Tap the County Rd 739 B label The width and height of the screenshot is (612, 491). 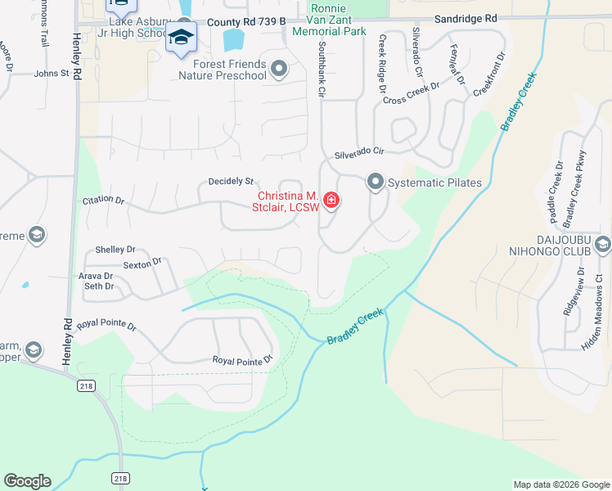pyautogui.click(x=247, y=23)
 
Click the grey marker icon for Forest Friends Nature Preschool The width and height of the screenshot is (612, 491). pyautogui.click(x=279, y=70)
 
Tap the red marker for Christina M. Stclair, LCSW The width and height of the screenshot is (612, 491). pyautogui.click(x=331, y=200)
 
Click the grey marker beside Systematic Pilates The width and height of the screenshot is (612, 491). pyautogui.click(x=376, y=181)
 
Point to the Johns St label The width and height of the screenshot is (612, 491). pyautogui.click(x=52, y=74)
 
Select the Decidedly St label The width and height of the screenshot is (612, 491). pyautogui.click(x=232, y=182)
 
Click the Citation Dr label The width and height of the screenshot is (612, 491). pyautogui.click(x=103, y=200)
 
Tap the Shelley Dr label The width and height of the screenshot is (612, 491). pyautogui.click(x=115, y=250)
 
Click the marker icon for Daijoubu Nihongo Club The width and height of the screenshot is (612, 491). pyautogui.click(x=603, y=244)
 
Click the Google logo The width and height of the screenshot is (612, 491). pyautogui.click(x=27, y=481)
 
